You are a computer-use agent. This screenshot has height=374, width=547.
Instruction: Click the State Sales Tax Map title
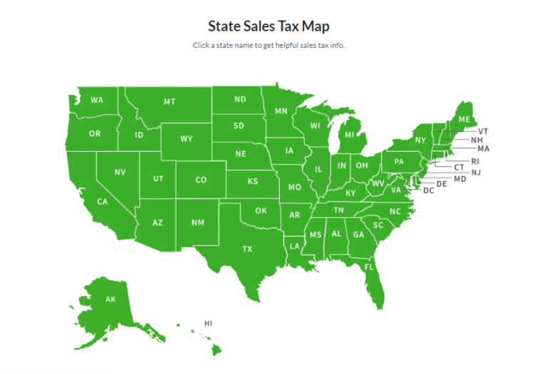click(269, 26)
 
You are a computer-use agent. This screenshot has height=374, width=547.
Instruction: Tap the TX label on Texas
click(247, 249)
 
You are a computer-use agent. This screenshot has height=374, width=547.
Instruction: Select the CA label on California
click(103, 202)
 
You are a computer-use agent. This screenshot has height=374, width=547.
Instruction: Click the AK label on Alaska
click(110, 299)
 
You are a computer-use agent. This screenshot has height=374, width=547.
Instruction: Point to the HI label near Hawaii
click(209, 323)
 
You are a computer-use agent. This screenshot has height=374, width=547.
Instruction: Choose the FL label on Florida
click(369, 267)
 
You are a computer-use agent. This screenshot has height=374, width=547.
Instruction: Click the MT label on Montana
click(170, 102)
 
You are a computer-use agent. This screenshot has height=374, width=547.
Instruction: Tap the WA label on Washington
click(96, 100)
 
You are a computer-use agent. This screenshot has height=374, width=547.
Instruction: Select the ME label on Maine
click(464, 119)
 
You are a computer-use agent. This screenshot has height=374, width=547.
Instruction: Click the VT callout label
click(483, 131)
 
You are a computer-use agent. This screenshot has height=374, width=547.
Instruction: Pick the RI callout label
click(475, 161)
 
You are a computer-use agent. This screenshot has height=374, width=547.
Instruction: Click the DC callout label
click(429, 190)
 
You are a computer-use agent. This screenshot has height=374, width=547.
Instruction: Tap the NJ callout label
click(476, 172)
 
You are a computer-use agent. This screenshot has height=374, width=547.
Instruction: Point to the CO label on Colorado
click(201, 180)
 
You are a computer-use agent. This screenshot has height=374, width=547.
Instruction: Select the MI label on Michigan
click(350, 134)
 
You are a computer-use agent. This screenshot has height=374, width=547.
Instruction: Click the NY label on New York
click(420, 140)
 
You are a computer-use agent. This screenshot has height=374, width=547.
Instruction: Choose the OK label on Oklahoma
click(261, 210)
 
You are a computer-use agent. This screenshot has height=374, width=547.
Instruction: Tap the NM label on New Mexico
click(197, 223)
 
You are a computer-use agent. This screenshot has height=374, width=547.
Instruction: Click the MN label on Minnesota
click(281, 111)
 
